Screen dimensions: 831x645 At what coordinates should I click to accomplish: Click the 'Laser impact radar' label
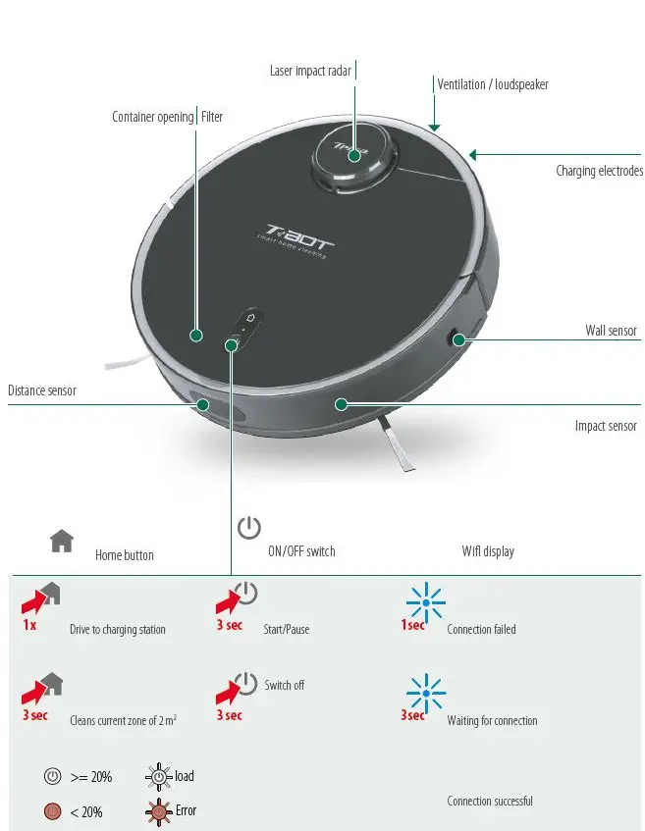coord(310,71)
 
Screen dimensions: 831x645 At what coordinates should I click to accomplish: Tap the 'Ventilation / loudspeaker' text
coord(493,84)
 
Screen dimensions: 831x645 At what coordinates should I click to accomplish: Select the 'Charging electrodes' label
coord(599,171)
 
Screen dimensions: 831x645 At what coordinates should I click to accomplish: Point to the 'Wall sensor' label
coord(611,331)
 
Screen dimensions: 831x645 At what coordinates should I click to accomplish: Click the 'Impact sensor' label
coord(606,426)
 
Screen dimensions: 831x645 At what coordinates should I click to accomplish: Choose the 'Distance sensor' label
coord(42,390)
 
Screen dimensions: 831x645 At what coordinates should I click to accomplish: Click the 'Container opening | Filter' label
coord(167,117)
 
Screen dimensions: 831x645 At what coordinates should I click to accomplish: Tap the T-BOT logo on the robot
coord(295,239)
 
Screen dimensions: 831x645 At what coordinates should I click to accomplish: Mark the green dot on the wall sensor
coord(457,339)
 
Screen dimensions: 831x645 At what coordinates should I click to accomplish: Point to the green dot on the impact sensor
coord(341,403)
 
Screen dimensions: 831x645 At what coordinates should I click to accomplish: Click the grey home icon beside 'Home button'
coord(62,540)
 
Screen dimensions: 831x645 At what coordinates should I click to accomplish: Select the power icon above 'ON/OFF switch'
coord(249,527)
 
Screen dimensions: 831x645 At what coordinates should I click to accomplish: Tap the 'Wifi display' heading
coord(488,551)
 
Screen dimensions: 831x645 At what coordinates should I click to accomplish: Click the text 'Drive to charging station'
coord(118,630)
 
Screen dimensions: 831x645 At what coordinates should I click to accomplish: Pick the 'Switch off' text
coord(285,685)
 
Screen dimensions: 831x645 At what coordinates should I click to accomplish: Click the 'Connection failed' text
coord(481,629)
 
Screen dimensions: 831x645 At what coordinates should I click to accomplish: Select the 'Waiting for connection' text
coord(492,720)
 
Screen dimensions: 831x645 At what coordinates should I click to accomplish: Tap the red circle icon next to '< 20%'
coord(53,811)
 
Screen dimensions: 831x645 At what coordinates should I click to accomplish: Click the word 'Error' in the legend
coord(186,810)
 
